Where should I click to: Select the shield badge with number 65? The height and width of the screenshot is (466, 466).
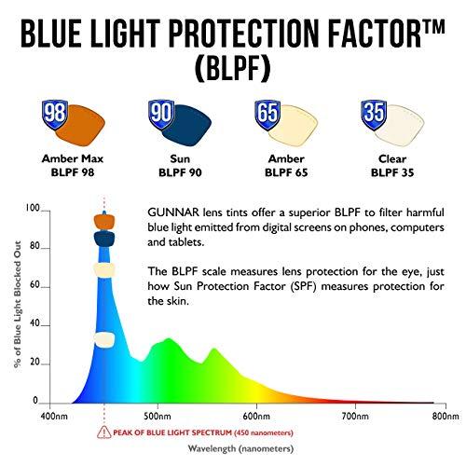point(268,114)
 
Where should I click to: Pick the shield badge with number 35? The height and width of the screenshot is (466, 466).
point(375,113)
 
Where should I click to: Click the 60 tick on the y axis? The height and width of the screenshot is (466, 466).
point(34,286)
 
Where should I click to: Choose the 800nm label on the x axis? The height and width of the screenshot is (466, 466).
point(445,416)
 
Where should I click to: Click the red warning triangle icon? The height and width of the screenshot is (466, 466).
point(100,432)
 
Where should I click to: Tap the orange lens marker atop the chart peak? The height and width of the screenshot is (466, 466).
point(103,222)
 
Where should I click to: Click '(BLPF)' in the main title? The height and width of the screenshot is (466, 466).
point(232,69)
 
